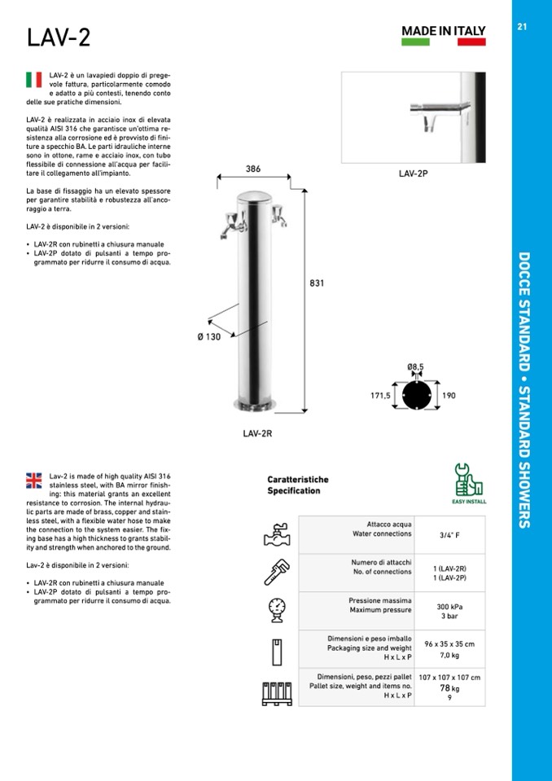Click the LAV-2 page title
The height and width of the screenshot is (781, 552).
coord(58,37)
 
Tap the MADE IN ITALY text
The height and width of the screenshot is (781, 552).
coord(443,31)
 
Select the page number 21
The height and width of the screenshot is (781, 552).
coord(523,26)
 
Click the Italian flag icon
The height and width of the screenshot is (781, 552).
coord(34,79)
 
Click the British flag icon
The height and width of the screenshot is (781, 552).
coord(34,480)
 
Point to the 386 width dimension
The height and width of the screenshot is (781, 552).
coord(253,169)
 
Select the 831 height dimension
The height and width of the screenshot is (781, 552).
coord(318,283)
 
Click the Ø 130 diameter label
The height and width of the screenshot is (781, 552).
coord(209,337)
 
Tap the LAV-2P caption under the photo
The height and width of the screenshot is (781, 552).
coord(414,173)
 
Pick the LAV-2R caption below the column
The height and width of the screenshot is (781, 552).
coord(257,433)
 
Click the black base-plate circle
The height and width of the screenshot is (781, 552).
coord(417,396)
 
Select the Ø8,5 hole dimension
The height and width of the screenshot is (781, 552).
coord(415,367)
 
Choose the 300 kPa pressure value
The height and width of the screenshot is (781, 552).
coord(449,607)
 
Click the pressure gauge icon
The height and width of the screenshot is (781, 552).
coord(278,610)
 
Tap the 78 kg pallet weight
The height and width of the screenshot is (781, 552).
coord(449,688)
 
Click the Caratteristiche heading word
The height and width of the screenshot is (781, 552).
coord(298,480)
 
